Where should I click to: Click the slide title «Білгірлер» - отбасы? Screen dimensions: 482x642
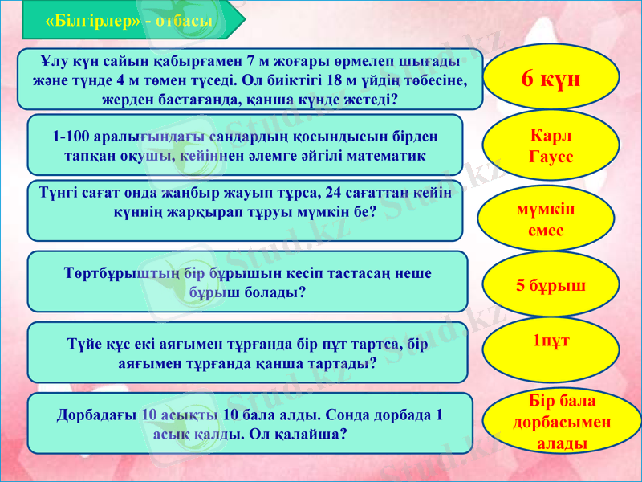[129, 21]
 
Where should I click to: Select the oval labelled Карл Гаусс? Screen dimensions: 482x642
[551, 145]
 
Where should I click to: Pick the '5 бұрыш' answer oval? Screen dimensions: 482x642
[550, 285]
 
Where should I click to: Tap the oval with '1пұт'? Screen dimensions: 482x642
[551, 341]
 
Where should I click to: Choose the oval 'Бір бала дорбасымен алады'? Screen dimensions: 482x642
[561, 421]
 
